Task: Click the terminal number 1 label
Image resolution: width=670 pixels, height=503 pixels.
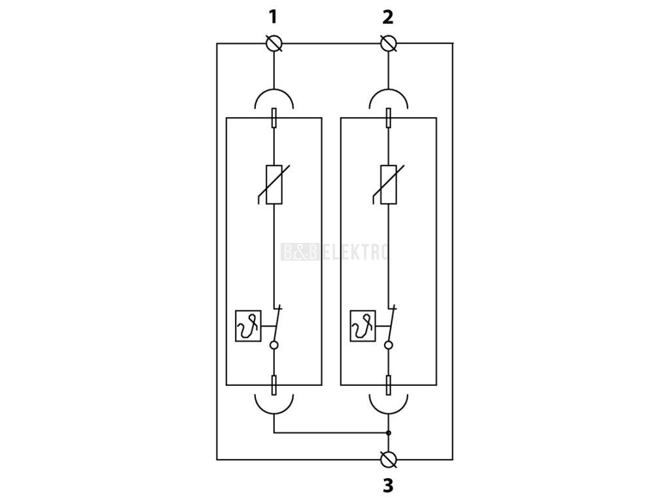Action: pyautogui.click(x=273, y=18)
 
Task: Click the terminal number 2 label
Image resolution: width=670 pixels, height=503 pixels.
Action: pyautogui.click(x=387, y=18)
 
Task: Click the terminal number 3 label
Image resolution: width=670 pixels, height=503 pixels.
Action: pyautogui.click(x=387, y=485)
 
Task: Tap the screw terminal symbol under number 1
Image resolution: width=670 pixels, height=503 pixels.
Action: pyautogui.click(x=274, y=43)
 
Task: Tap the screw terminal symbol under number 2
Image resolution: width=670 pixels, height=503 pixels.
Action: pyautogui.click(x=389, y=43)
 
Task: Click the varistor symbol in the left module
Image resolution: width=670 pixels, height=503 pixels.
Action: pyautogui.click(x=273, y=184)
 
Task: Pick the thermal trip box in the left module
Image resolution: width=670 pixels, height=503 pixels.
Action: pyautogui.click(x=248, y=326)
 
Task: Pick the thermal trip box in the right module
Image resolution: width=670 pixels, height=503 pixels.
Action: pyautogui.click(x=362, y=326)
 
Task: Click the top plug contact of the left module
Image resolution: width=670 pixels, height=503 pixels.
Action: pyautogui.click(x=274, y=118)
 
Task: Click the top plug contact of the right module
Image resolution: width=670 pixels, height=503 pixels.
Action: pyautogui.click(x=389, y=118)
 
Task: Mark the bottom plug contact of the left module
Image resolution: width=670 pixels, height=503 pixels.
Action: pyautogui.click(x=274, y=385)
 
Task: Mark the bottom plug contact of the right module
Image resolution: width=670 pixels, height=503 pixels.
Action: pyautogui.click(x=389, y=385)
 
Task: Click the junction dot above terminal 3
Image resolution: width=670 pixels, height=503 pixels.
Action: pyautogui.click(x=389, y=433)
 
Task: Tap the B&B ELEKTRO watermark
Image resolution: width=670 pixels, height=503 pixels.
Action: pyautogui.click(x=334, y=252)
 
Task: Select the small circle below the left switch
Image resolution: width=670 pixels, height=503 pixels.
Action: pyautogui.click(x=274, y=345)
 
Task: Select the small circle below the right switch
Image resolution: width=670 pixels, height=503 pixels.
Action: pyautogui.click(x=389, y=345)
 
